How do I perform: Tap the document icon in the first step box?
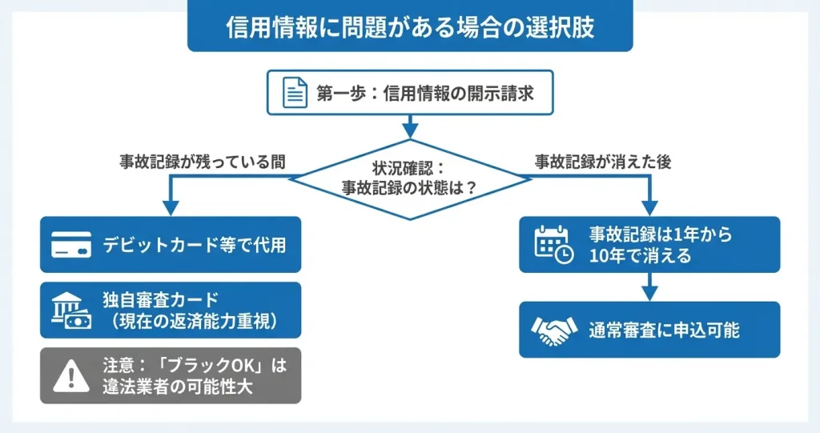(295, 94)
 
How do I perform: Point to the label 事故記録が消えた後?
(603, 161)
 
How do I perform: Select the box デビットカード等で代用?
(171, 245)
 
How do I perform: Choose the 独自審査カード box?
(171, 311)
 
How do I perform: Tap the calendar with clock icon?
(553, 245)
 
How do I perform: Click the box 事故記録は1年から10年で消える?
(649, 245)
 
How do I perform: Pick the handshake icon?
(553, 330)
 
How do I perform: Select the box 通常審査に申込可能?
(649, 330)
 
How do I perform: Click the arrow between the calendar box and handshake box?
(649, 286)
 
